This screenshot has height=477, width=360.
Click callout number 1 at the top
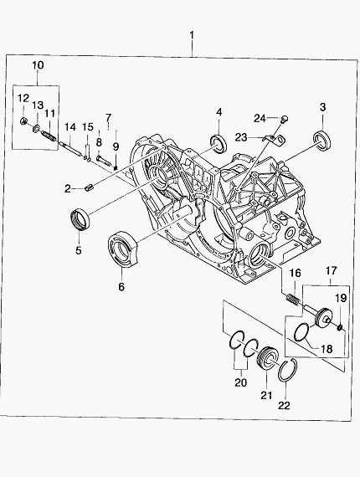click(x=192, y=35)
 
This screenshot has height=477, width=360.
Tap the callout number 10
click(x=38, y=65)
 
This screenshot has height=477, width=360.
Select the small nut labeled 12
click(x=23, y=121)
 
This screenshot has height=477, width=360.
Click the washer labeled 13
click(x=36, y=128)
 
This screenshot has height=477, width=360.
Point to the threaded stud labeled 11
click(x=49, y=136)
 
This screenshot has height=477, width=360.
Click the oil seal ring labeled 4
click(x=219, y=143)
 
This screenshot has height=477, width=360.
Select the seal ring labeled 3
click(x=322, y=140)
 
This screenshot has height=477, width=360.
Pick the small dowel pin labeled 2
click(x=90, y=188)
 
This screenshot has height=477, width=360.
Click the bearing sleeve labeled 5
click(x=79, y=218)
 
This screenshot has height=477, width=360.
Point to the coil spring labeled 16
click(x=294, y=299)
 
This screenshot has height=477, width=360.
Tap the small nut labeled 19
click(x=340, y=327)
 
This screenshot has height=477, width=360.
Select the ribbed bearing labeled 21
click(x=268, y=358)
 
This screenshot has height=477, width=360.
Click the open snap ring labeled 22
click(x=288, y=370)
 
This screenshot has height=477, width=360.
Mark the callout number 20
click(x=241, y=382)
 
